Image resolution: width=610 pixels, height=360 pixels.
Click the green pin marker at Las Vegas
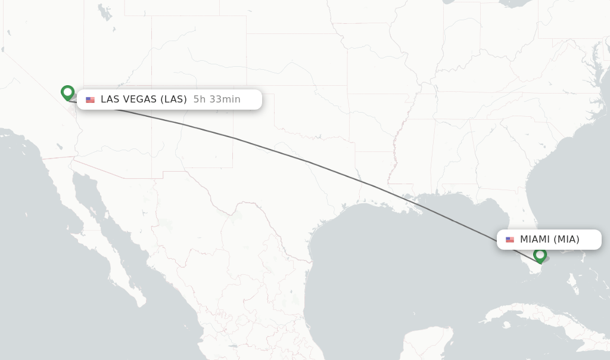[x=67, y=92]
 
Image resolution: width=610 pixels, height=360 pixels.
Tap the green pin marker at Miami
[x=540, y=255]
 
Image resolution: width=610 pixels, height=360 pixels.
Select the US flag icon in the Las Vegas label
[x=90, y=100]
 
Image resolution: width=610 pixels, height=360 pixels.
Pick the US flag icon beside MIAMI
[x=510, y=240]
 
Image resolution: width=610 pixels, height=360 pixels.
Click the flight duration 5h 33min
[x=217, y=100]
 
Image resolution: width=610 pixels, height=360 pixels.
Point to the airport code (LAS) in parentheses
[x=173, y=100]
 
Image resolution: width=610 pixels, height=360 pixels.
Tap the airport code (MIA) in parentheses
[x=567, y=240]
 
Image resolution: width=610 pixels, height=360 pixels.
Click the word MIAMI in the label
[x=535, y=240]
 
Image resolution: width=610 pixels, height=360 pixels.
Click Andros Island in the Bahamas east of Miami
[x=573, y=279]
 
